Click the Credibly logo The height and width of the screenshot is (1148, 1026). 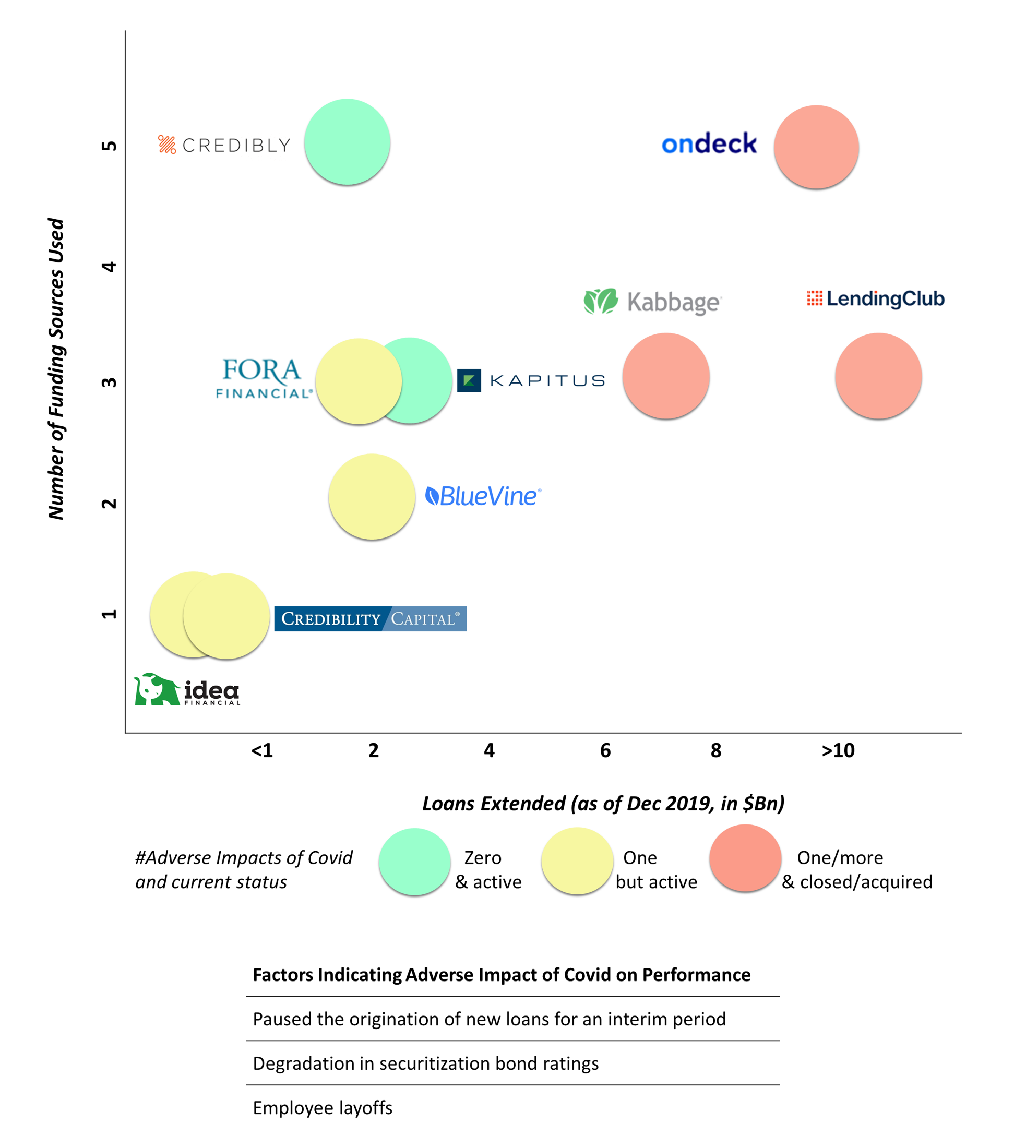[x=224, y=145]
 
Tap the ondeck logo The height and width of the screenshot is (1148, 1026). [x=709, y=143]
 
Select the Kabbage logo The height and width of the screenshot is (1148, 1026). [x=652, y=302]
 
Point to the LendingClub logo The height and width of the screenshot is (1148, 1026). [x=876, y=298]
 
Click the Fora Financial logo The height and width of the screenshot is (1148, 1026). [x=263, y=379]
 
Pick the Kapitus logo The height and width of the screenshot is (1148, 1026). [x=530, y=380]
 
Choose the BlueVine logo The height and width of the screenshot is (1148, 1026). [x=483, y=496]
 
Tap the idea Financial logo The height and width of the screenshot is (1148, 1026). [x=187, y=689]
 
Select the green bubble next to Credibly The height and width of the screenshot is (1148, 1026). [x=347, y=141]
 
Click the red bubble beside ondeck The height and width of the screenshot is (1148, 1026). [x=816, y=147]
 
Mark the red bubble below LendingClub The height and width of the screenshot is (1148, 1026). [x=878, y=375]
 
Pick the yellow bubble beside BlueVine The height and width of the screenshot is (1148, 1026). [x=372, y=496]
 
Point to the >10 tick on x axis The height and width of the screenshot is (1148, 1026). [x=838, y=750]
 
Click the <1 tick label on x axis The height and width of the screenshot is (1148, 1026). [x=262, y=750]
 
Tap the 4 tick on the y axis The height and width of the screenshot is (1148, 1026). [x=109, y=266]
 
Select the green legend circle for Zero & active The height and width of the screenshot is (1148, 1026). [x=414, y=861]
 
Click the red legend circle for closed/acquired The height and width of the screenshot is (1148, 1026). [x=745, y=858]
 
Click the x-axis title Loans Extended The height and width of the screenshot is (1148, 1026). [x=603, y=803]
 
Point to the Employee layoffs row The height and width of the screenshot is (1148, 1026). [x=323, y=1107]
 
